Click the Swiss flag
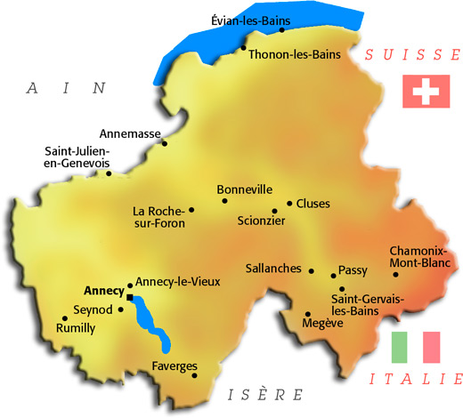421,92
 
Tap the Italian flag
417,347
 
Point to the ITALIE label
416,380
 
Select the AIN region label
67,88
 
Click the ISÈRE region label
265,395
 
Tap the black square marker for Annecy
130,298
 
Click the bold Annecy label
103,291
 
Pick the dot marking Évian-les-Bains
281,30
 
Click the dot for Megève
307,314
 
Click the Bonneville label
243,189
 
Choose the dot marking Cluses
288,203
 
